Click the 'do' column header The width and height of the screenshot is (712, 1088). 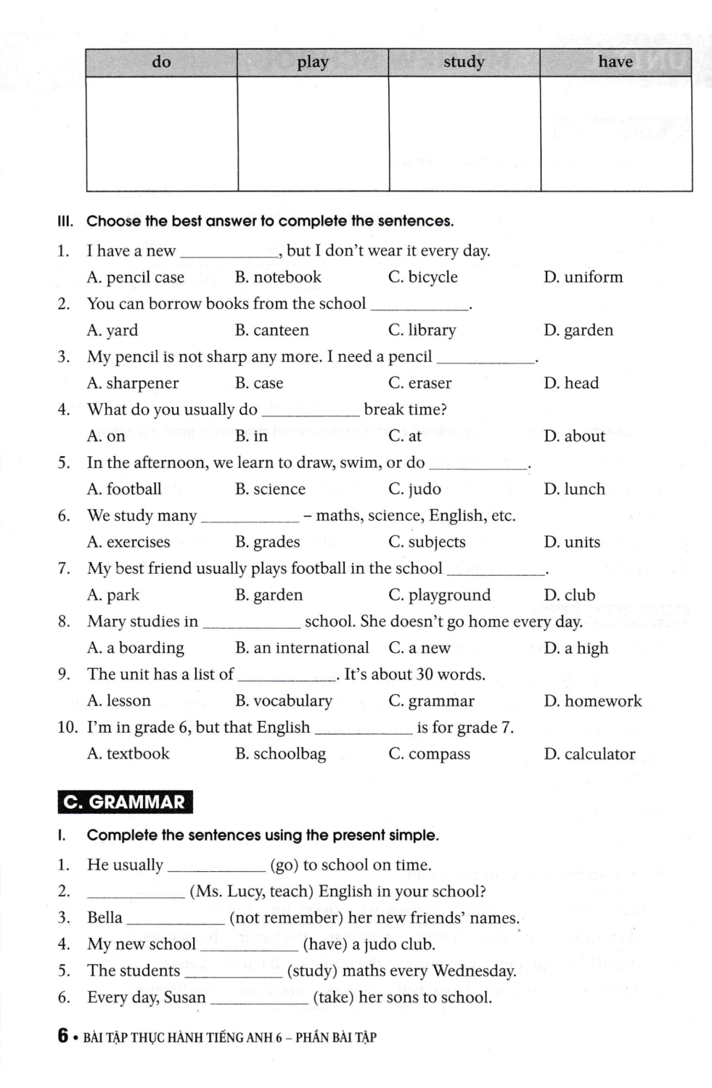(161, 62)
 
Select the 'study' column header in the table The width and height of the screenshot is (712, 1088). (464, 62)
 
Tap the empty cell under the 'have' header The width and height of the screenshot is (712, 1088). (616, 133)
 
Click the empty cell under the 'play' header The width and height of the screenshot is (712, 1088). (313, 133)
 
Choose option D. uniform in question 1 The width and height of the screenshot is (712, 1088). (583, 277)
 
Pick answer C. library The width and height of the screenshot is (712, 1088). (422, 330)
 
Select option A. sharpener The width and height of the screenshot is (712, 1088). (132, 383)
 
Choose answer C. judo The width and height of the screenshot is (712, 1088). (414, 489)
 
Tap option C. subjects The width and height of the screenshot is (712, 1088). (427, 542)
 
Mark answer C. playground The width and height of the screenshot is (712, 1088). (439, 595)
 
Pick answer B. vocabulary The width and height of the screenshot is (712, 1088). (283, 701)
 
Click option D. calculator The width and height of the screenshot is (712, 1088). (589, 754)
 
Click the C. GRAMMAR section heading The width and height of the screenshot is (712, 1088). (125, 802)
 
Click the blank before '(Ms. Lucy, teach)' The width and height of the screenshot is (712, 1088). (135, 892)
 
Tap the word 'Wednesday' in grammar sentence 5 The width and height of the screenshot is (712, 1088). (474, 971)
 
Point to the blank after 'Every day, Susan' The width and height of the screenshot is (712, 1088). (259, 999)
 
